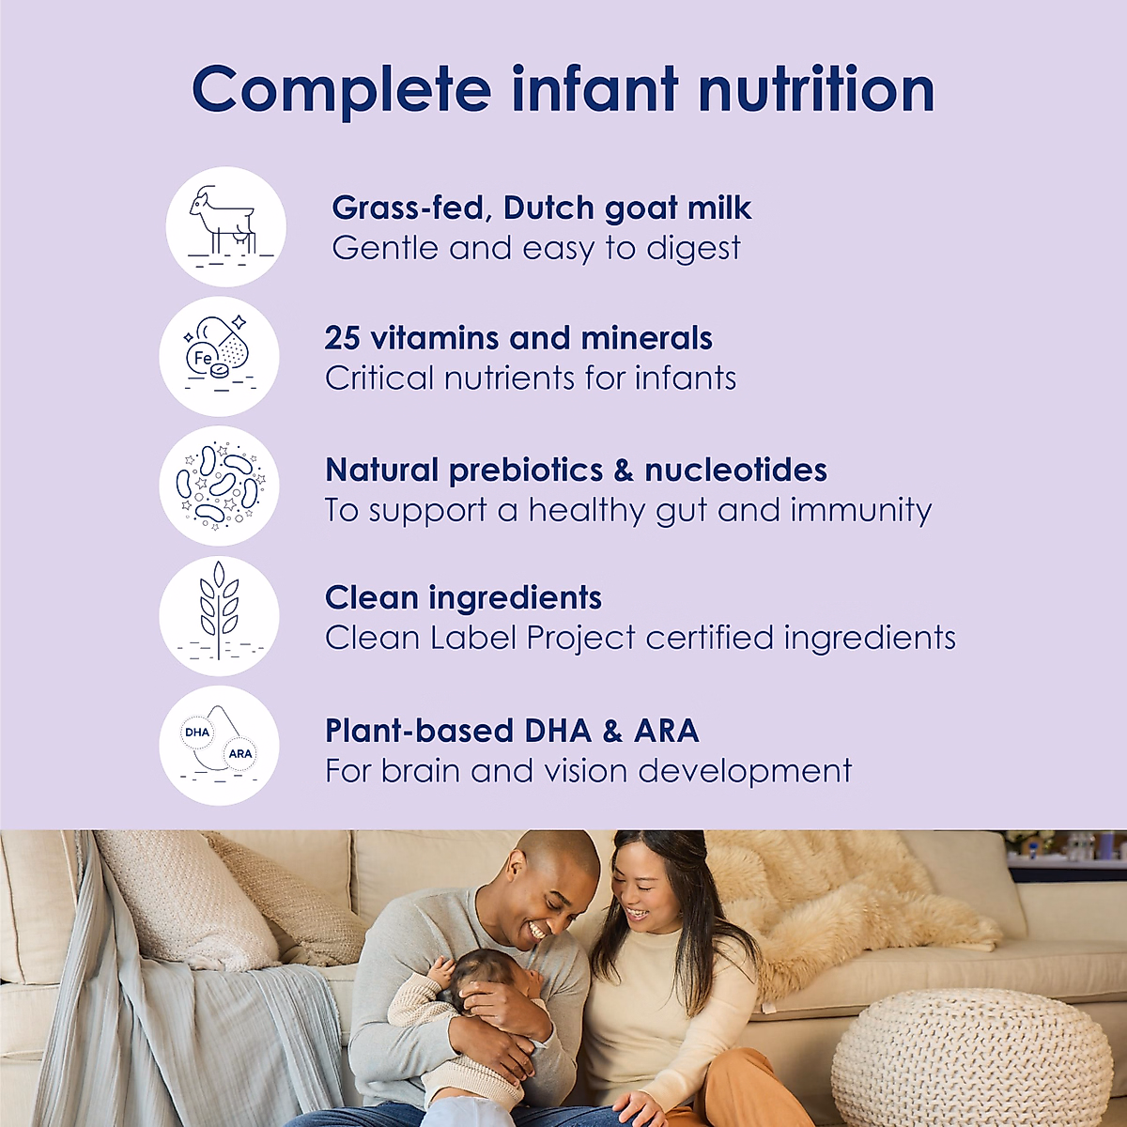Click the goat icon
click(225, 226)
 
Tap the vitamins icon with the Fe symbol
click(219, 357)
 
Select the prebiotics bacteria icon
click(219, 486)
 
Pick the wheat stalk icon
click(219, 615)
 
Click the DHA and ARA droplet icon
click(219, 745)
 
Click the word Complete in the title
click(341, 90)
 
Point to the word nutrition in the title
click(816, 90)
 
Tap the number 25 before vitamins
click(343, 338)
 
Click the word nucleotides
click(735, 470)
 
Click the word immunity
click(860, 511)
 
